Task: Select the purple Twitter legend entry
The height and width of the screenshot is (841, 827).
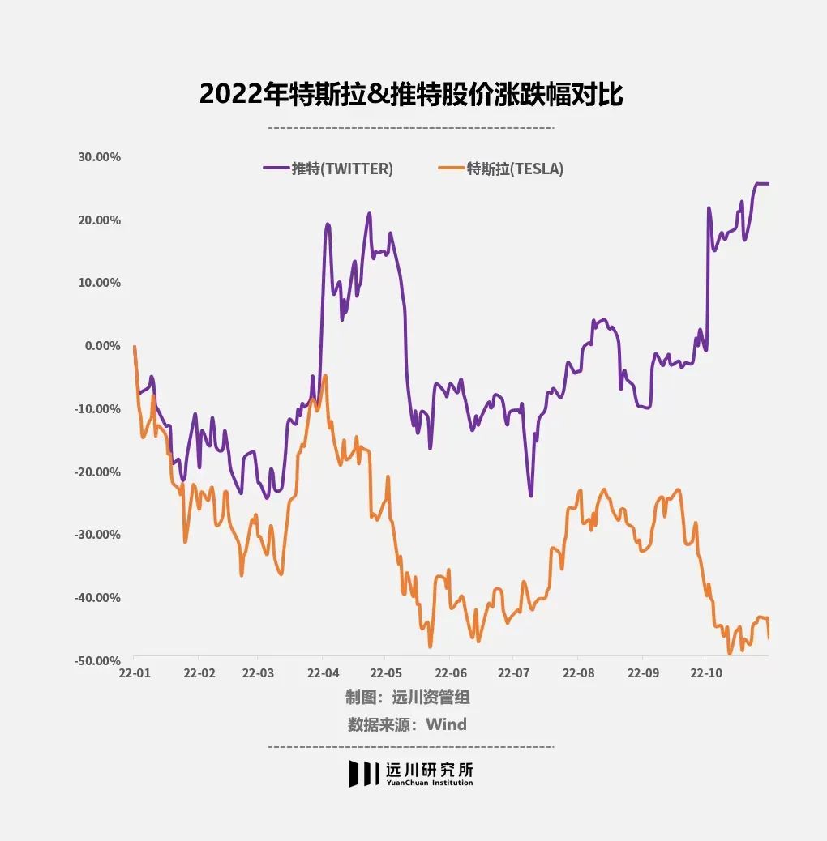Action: point(328,169)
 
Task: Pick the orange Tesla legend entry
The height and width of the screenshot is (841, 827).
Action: point(500,169)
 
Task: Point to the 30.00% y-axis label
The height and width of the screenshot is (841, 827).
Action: point(99,157)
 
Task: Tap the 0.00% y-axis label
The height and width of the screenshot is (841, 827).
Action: point(102,346)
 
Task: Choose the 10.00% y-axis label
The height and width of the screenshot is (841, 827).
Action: point(99,283)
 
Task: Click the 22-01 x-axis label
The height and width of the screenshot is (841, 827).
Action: point(134,673)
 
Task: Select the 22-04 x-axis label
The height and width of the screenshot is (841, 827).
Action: point(323,673)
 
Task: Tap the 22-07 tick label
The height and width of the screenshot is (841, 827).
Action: point(512,673)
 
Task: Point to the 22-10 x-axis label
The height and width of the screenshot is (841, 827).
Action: point(705,673)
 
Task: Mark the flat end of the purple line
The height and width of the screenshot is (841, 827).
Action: point(762,184)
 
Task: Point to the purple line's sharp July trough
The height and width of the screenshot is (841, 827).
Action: point(531,495)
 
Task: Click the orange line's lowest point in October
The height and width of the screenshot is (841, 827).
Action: point(730,653)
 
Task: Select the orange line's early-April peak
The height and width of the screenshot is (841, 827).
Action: point(325,376)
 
